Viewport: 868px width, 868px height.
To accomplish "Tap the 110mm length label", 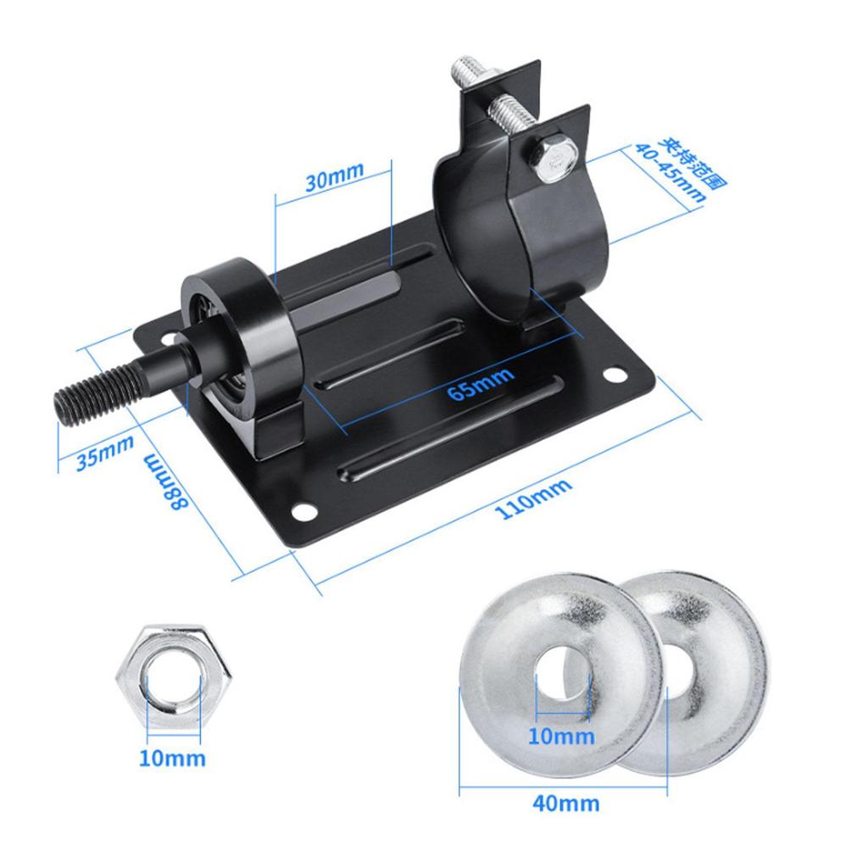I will pyautogui.click(x=536, y=498).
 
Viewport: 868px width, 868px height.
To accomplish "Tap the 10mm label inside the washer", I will pyautogui.click(x=561, y=735).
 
